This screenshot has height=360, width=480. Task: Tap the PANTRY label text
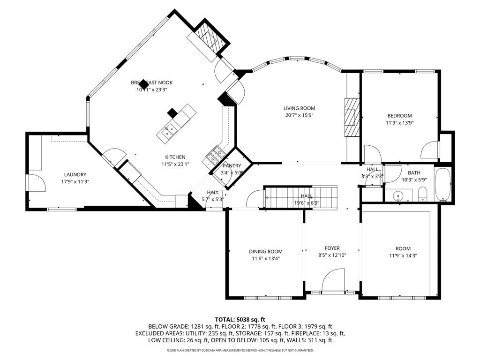(x=232, y=165)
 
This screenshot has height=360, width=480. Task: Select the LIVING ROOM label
(x=299, y=108)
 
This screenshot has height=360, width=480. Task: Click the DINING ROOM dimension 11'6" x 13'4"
(x=266, y=258)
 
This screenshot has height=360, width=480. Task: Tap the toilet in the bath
(x=422, y=194)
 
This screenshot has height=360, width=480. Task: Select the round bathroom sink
(x=399, y=195)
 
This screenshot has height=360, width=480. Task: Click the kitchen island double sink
(x=169, y=130)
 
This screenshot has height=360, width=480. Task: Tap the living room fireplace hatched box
(x=352, y=117)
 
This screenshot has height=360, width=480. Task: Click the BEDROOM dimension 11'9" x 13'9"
(x=399, y=123)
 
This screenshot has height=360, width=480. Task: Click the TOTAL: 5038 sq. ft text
(x=240, y=319)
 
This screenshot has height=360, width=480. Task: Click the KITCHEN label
(x=175, y=157)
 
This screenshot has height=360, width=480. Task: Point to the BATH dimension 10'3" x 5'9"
(x=413, y=180)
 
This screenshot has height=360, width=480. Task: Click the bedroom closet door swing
(x=430, y=150)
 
